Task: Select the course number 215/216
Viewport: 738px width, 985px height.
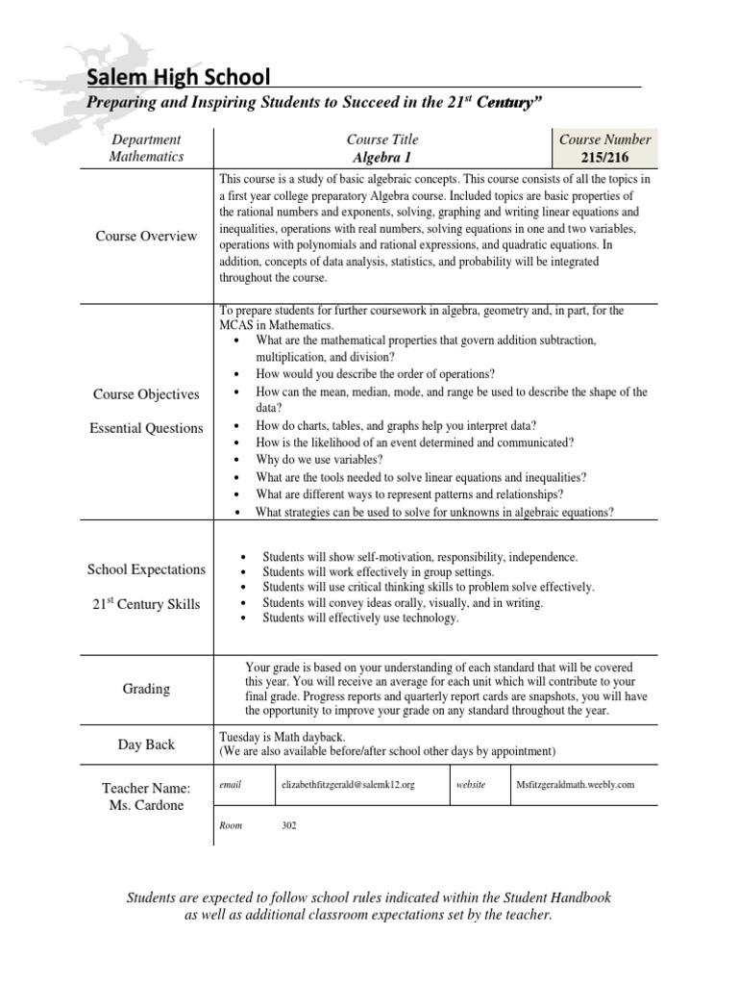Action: [604, 157]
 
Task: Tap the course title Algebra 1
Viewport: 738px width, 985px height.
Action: [381, 157]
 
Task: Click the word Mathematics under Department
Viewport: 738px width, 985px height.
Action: [146, 156]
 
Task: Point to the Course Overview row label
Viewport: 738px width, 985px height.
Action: [146, 236]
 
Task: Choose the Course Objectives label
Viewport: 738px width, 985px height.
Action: [146, 394]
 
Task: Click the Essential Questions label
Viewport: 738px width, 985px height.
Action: [146, 428]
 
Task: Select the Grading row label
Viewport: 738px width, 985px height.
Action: [146, 689]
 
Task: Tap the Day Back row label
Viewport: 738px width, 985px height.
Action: [146, 745]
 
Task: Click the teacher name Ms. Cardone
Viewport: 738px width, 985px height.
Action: [146, 805]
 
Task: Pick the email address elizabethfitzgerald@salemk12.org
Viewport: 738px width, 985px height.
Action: [347, 785]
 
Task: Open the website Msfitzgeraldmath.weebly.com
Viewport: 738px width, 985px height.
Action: [575, 785]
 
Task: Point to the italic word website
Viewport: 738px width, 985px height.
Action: [471, 785]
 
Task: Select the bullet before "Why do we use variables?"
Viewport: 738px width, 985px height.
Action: [236, 461]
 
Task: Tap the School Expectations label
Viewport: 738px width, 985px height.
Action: [146, 569]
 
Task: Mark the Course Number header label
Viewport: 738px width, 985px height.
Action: [604, 139]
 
